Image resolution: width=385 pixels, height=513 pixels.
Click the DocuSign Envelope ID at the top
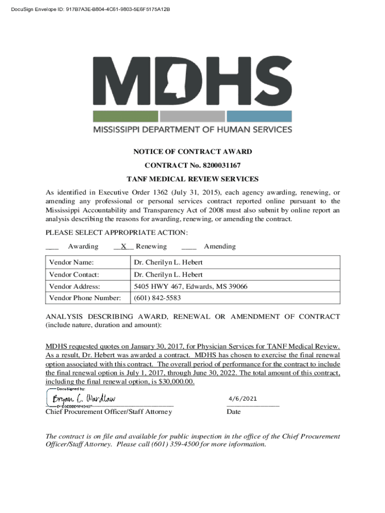coord(88,10)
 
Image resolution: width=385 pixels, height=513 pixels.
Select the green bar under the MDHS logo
coord(125,116)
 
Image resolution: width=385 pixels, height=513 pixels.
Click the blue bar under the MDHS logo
coord(259,116)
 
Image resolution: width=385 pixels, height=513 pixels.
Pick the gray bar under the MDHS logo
coord(192,116)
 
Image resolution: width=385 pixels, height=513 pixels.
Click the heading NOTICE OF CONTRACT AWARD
coord(192,152)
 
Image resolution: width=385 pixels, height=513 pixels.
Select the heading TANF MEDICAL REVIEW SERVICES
coord(192,179)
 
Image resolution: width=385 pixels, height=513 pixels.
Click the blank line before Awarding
coord(52,247)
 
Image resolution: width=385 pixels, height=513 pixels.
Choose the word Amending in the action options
coord(219,246)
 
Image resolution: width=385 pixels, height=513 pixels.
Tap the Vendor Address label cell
coord(74,287)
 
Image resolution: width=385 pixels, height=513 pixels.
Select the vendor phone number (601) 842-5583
coord(157,298)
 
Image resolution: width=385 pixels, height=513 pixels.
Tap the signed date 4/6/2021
coord(242,399)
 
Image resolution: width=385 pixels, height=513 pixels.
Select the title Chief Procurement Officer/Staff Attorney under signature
coord(108,412)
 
